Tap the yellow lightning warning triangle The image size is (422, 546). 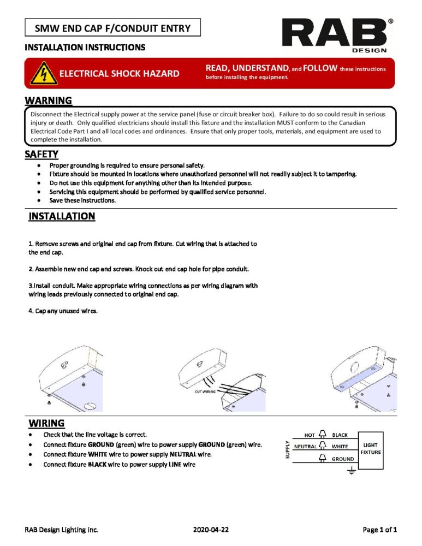42,73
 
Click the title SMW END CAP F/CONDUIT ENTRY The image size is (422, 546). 112,28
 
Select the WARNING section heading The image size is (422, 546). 48,100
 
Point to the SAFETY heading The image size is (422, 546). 41,155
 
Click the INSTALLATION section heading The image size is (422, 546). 62,217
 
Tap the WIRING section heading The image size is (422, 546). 46,423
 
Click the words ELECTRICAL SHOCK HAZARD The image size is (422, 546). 119,74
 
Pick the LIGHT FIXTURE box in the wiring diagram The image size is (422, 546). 373,448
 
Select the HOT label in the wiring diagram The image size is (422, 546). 310,435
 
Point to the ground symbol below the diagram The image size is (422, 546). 352,471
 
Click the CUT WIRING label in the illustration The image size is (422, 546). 205,391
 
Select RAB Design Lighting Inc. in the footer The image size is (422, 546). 61,530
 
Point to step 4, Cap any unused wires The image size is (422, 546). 63,311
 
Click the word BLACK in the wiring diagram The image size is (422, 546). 340,435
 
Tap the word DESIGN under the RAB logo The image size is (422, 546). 373,50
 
